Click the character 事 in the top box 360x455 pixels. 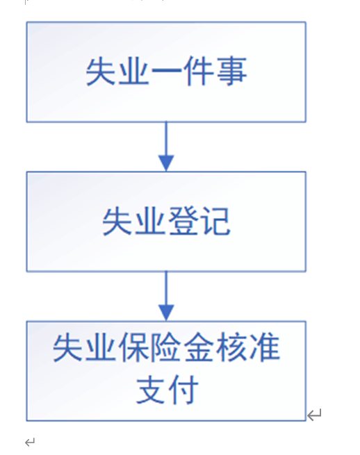(x=231, y=71)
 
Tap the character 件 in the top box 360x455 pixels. (x=199, y=71)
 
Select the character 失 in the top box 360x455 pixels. (x=101, y=71)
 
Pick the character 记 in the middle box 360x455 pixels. (x=215, y=221)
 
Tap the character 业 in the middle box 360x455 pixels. (x=150, y=221)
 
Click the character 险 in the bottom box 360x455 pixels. (x=166, y=347)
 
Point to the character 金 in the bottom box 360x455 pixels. (x=199, y=347)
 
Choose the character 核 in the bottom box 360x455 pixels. (x=231, y=347)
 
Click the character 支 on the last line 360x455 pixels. (x=150, y=390)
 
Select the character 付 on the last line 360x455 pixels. (x=183, y=390)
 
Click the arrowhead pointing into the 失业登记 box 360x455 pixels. (x=166, y=163)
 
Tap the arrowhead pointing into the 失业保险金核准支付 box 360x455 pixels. (x=166, y=313)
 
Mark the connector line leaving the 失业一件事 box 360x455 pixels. (x=166, y=139)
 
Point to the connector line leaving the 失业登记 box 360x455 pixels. (x=166, y=288)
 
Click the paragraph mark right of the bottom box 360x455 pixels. (x=314, y=415)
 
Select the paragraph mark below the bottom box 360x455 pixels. (x=30, y=442)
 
